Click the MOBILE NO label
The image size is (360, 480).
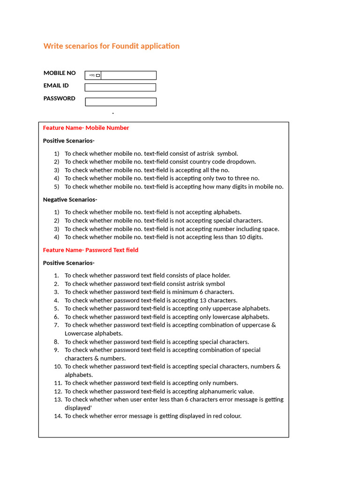(60, 73)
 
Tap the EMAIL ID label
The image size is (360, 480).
(56, 86)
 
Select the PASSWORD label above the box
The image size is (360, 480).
(60, 98)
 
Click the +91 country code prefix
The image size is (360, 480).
(92, 75)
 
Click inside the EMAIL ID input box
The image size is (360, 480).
(120, 88)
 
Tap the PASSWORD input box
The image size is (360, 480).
(120, 102)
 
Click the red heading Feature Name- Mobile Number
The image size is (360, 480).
(86, 128)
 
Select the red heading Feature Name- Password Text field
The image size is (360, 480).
(90, 250)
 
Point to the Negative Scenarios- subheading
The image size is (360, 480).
(70, 200)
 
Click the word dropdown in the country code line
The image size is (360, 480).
(241, 162)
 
